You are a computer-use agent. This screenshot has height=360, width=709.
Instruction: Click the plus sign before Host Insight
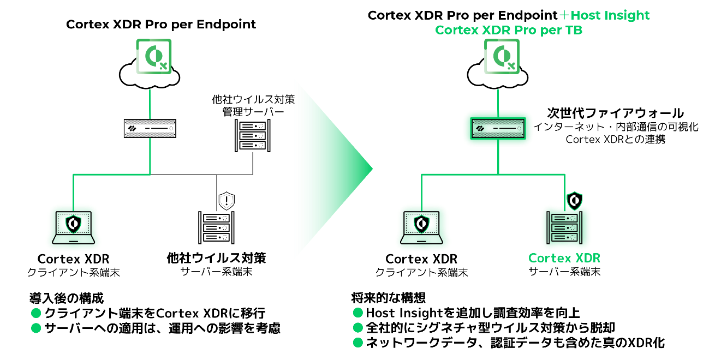(x=564, y=15)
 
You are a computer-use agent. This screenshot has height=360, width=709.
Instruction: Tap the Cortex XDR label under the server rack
(x=564, y=258)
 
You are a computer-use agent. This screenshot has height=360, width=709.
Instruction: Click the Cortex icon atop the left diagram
(x=153, y=56)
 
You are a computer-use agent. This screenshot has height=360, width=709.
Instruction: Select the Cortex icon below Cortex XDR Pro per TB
(x=502, y=56)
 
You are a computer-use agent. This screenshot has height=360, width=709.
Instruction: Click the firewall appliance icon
(x=498, y=128)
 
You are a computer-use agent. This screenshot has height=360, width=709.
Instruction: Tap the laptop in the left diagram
(x=74, y=227)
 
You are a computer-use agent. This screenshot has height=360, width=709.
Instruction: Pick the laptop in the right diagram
(x=422, y=227)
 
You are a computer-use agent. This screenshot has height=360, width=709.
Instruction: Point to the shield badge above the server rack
(x=574, y=200)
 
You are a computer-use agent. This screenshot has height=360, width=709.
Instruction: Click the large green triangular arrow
(x=327, y=169)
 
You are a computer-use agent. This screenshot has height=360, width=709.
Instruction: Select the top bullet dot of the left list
(x=36, y=313)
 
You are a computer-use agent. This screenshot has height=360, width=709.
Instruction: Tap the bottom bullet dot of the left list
(x=36, y=328)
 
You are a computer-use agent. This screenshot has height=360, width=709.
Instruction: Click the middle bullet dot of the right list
(x=358, y=327)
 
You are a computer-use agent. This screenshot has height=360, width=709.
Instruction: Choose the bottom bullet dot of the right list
(x=358, y=343)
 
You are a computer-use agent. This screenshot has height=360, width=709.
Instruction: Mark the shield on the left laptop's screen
(x=73, y=224)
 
